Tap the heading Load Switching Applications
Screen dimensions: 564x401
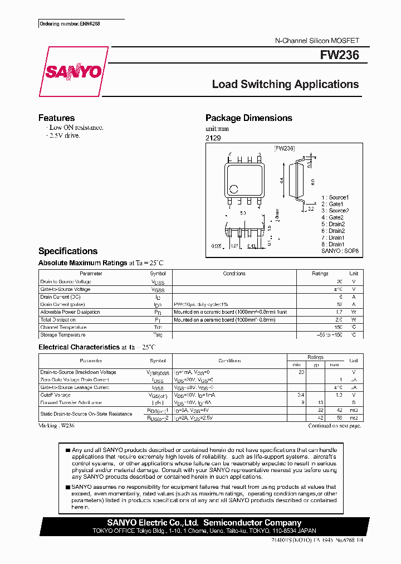(x=285, y=85)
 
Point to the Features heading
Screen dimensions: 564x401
(x=56, y=118)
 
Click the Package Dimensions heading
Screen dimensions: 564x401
(x=248, y=118)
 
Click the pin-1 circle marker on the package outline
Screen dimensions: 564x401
(x=234, y=189)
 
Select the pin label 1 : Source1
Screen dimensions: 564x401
(x=335, y=197)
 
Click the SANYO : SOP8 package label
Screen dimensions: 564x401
(x=340, y=251)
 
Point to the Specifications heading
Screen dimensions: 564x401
(x=67, y=251)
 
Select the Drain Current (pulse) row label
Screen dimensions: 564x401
(x=62, y=304)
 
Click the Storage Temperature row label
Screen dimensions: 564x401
(x=63, y=335)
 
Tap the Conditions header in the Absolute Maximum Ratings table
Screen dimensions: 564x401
(x=234, y=274)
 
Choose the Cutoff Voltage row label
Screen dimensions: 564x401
(x=56, y=395)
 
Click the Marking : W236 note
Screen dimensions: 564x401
(x=56, y=425)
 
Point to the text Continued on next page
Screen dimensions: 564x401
(x=335, y=426)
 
